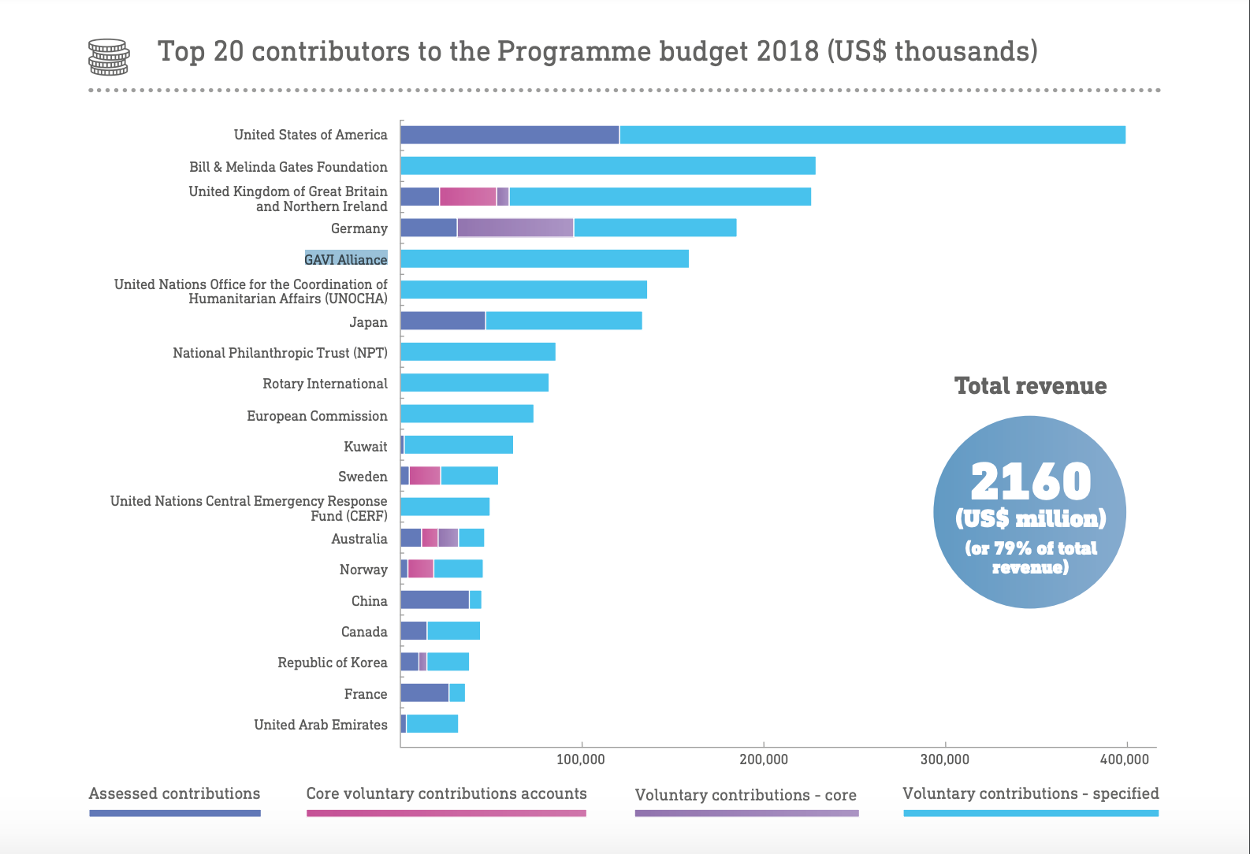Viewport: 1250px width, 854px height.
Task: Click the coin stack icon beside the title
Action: click(108, 57)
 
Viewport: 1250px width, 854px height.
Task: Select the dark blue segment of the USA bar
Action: click(509, 135)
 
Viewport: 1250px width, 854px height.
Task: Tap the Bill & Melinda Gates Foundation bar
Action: click(608, 165)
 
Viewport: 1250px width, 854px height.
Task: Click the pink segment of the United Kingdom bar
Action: click(467, 196)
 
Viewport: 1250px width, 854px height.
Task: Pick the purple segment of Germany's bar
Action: click(515, 228)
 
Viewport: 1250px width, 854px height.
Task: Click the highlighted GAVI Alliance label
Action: click(346, 259)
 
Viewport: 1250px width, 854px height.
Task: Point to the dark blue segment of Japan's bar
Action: click(442, 321)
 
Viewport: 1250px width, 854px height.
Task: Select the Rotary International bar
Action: click(474, 383)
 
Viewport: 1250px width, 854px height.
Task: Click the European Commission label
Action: click(317, 416)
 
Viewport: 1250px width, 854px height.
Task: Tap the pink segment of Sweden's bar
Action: click(425, 476)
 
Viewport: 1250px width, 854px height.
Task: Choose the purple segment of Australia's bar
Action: click(448, 538)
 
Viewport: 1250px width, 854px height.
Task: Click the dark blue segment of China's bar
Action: click(434, 600)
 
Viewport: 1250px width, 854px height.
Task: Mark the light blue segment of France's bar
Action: click(457, 693)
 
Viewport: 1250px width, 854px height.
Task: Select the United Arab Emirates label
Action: click(321, 725)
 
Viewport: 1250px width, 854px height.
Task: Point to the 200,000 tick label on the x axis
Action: click(764, 759)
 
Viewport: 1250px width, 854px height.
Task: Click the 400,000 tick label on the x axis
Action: click(1125, 759)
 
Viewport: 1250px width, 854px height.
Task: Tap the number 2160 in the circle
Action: click(1031, 481)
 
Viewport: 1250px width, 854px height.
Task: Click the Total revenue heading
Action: click(1030, 386)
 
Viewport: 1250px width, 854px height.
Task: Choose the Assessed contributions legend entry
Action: click(174, 794)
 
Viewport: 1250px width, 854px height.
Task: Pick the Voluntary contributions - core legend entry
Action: click(746, 796)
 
